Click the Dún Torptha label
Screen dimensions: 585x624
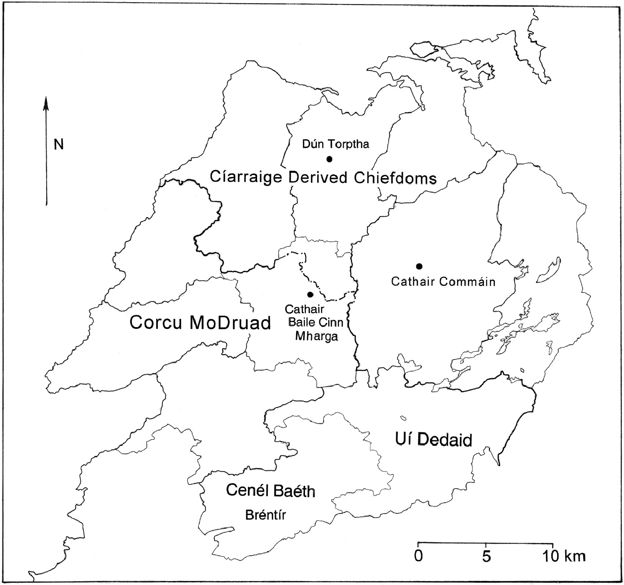tap(336, 144)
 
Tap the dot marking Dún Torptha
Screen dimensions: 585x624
tap(329, 159)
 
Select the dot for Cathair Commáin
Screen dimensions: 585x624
tap(419, 266)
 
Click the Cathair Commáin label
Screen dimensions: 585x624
tap(443, 282)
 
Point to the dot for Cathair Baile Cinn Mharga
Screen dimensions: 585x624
tap(310, 294)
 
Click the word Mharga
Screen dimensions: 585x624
tap(316, 336)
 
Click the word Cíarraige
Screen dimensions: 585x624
tap(246, 177)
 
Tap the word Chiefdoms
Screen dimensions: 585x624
tap(395, 178)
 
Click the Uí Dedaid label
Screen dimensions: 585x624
tap(433, 439)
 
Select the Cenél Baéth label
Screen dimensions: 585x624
tap(270, 490)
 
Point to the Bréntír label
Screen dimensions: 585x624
tap(266, 515)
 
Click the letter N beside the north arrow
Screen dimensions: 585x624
tap(59, 144)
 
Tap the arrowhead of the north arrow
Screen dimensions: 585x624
tap(46, 103)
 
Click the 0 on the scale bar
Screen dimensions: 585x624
tap(418, 556)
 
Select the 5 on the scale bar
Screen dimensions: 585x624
tap(486, 556)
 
